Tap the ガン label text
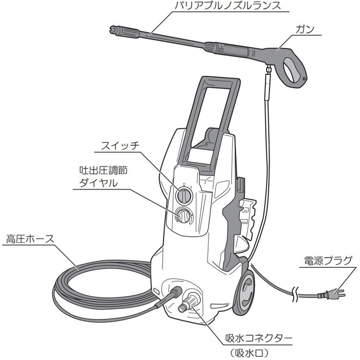coord(304,29)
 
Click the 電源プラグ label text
coord(327,260)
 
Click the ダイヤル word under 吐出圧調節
coord(98,183)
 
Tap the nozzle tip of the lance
coord(115,29)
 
